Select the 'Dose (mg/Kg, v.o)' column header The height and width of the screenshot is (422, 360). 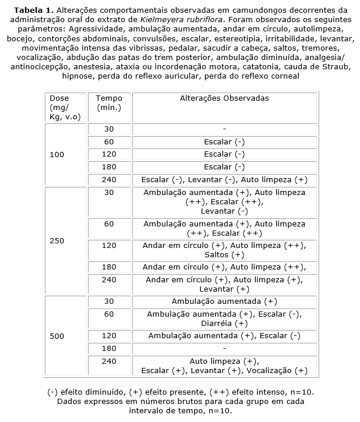(64, 108)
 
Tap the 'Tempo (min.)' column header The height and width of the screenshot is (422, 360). (109, 103)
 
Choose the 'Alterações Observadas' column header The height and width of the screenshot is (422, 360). (224, 98)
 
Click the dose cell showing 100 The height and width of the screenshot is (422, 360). (57, 155)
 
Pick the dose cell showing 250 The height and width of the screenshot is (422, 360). (57, 241)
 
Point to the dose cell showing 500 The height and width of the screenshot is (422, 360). (57, 336)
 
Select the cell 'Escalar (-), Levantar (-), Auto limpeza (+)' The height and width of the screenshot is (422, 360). (224, 179)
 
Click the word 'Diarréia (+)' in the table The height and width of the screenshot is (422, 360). (224, 323)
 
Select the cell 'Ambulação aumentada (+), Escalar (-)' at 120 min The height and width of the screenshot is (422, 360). (224, 336)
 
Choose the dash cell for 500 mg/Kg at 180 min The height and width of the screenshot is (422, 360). (224, 348)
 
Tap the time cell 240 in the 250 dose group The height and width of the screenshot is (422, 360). (109, 279)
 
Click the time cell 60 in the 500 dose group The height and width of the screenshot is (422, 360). (109, 314)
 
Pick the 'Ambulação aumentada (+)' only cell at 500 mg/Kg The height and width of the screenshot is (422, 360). (224, 302)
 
